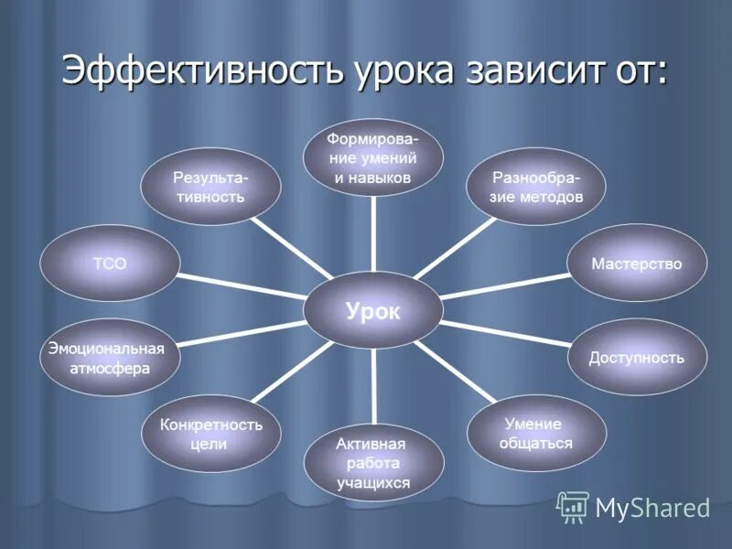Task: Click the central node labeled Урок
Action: click(x=373, y=311)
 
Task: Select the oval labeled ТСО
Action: click(x=110, y=264)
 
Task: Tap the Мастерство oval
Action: click(x=637, y=264)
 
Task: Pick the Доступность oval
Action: click(x=637, y=357)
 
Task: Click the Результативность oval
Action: click(x=210, y=186)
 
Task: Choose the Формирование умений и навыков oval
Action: click(x=373, y=157)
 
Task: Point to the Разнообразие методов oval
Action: click(x=536, y=186)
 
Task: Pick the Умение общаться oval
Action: click(x=536, y=433)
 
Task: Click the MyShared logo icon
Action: click(x=573, y=506)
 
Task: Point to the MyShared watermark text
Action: click(x=652, y=507)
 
